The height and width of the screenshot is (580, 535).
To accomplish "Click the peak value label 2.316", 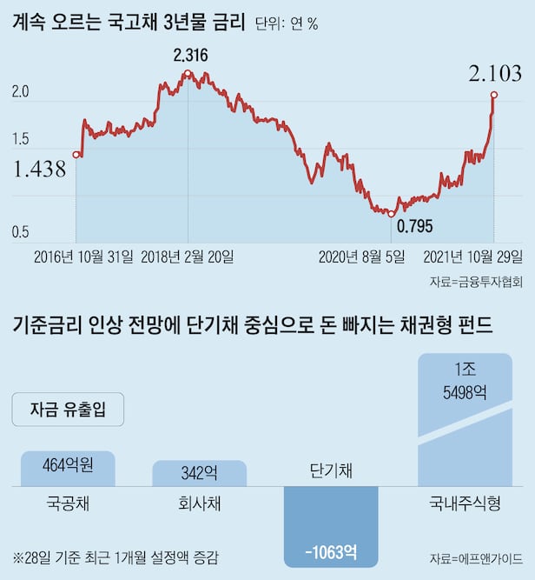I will [190, 56].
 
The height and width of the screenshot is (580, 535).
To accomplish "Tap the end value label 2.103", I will [495, 74].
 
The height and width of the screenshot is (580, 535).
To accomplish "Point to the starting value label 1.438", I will [40, 170].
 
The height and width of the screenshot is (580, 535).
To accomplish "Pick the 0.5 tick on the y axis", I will [20, 232].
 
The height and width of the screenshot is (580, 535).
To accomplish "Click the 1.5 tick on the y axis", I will [20, 139].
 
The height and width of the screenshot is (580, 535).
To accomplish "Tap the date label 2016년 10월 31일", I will [84, 257].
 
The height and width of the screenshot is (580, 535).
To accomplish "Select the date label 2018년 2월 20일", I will [187, 257].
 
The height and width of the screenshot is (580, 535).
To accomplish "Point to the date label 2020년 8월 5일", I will [361, 257].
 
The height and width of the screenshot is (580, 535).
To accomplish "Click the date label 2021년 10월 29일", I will [473, 257].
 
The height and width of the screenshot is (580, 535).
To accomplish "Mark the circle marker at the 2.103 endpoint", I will [494, 94].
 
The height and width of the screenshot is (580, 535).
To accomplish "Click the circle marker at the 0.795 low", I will [391, 213].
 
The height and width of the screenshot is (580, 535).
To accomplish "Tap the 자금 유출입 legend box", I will [68, 410].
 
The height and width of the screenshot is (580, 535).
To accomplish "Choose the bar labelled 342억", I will [200, 473].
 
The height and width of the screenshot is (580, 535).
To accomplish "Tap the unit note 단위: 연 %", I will [287, 24].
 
